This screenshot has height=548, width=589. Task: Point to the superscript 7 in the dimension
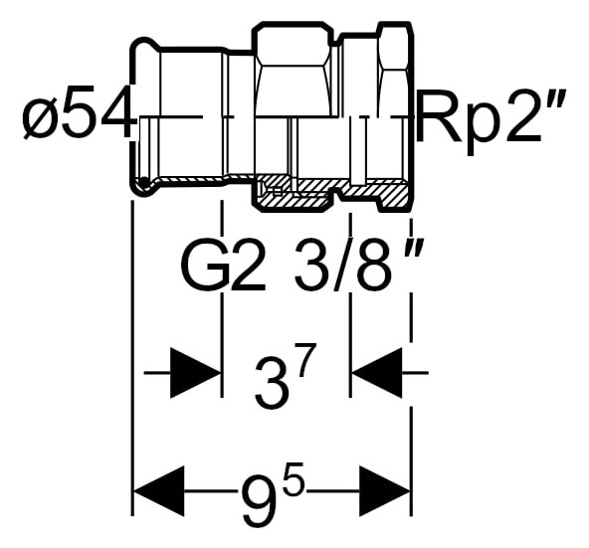pos(306,362)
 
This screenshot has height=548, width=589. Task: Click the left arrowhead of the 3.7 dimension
pos(195,373)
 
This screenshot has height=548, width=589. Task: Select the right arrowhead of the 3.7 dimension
pos(376,373)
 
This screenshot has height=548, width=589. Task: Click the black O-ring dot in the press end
pos(143,183)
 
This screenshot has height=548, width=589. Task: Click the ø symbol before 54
pos(37,117)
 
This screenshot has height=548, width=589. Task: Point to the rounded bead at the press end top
pos(142,42)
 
